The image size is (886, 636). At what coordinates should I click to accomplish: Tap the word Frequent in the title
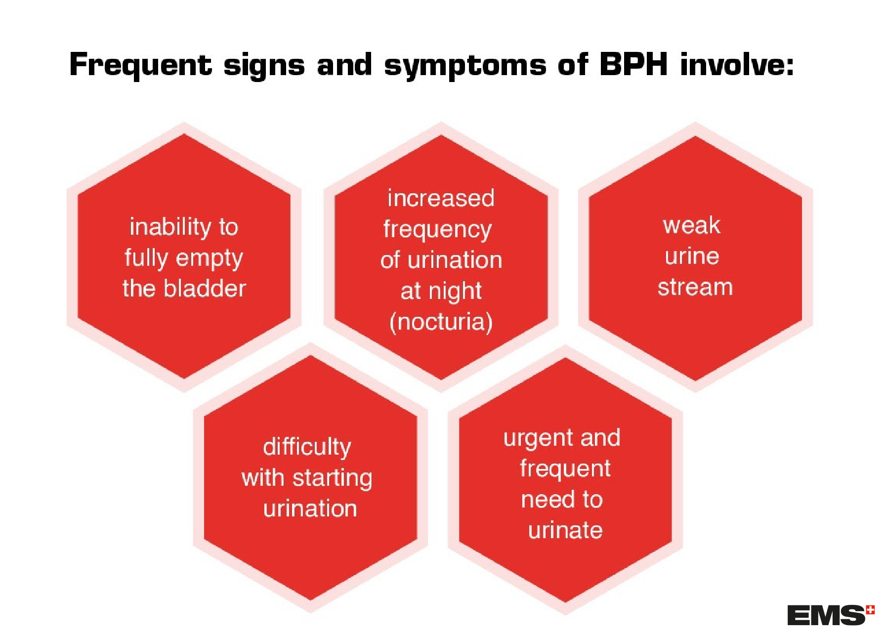click(x=140, y=65)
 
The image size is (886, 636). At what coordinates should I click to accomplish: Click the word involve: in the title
click(x=737, y=64)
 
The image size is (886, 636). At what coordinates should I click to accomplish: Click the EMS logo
click(x=825, y=616)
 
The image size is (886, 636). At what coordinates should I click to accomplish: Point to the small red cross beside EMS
click(x=870, y=610)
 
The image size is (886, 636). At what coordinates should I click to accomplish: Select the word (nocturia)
click(x=441, y=322)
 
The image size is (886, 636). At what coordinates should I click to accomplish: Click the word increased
click(x=441, y=198)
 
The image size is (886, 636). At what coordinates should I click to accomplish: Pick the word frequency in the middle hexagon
click(x=437, y=230)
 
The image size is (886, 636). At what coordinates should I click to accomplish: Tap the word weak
click(x=691, y=225)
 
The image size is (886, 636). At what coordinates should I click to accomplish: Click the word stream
click(x=695, y=287)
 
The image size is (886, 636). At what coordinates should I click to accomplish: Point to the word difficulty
click(x=307, y=447)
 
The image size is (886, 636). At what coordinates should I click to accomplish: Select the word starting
click(x=333, y=478)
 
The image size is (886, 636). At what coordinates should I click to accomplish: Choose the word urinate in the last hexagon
click(x=565, y=530)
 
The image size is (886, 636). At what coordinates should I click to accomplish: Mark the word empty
click(x=209, y=258)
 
